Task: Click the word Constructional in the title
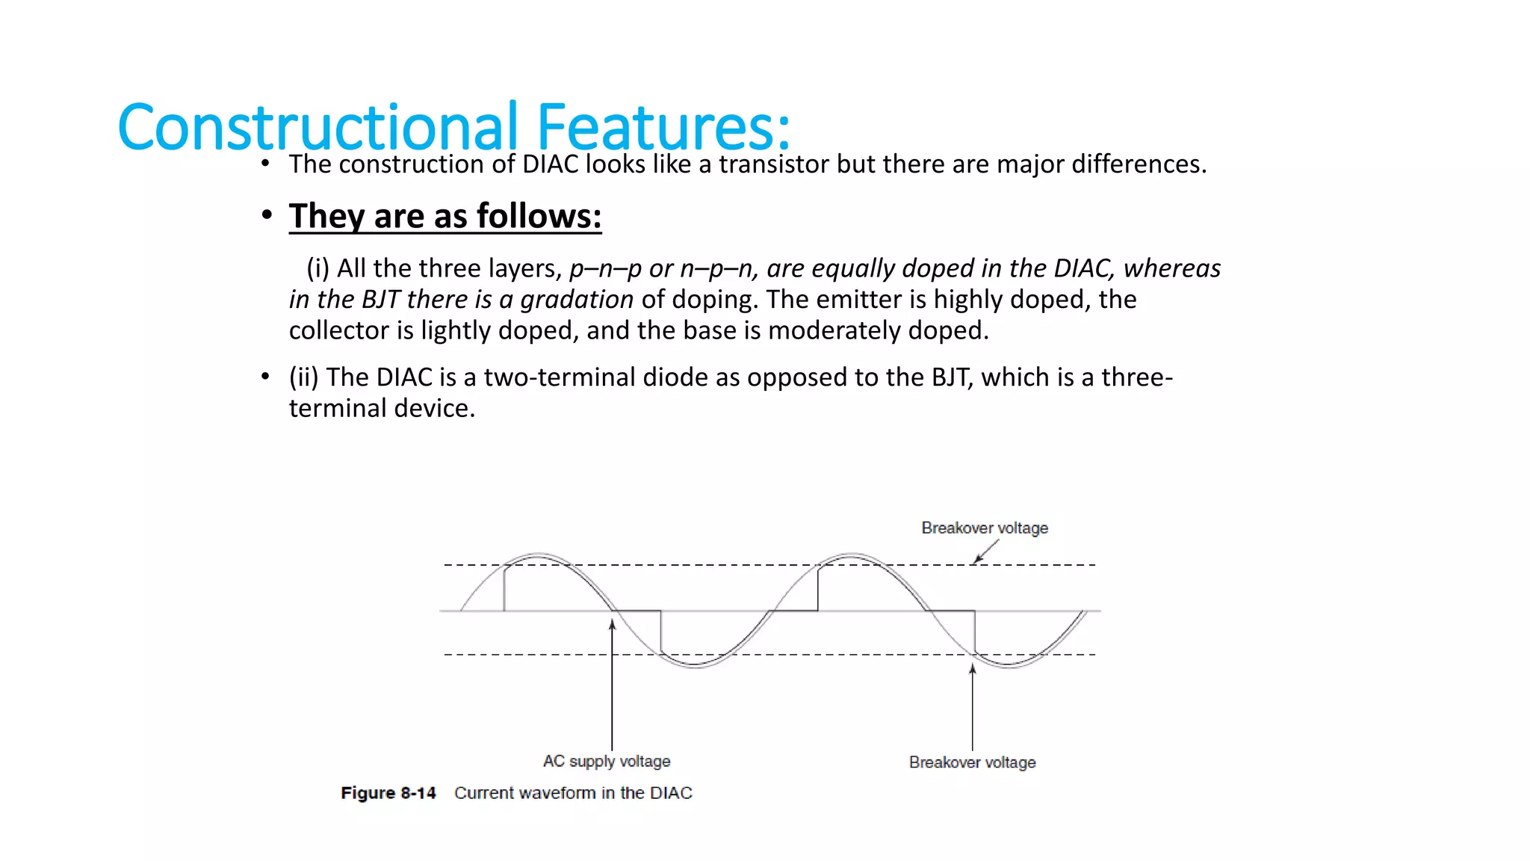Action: click(x=318, y=127)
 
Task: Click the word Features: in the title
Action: click(x=663, y=127)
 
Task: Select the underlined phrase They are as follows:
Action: click(x=445, y=216)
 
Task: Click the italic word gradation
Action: click(x=577, y=299)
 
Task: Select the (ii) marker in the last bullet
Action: click(x=304, y=377)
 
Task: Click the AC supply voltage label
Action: click(x=607, y=761)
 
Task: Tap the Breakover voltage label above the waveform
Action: click(x=984, y=528)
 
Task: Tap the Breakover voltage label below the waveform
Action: click(x=972, y=762)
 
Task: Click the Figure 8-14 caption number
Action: click(x=388, y=793)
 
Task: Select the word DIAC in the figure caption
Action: click(x=670, y=793)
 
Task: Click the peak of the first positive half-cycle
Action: click(x=538, y=556)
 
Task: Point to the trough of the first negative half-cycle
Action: click(x=695, y=665)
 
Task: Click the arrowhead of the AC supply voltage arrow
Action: click(x=612, y=625)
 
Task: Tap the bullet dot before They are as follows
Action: click(x=267, y=216)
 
